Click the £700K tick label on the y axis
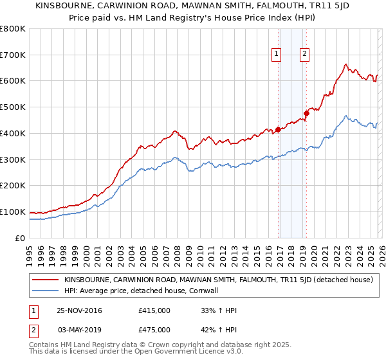coord(12,55)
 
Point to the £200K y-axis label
coord(12,185)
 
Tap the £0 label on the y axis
coord(19,238)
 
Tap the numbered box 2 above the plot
coord(304,55)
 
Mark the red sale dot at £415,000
coord(278,129)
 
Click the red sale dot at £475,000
coord(306,114)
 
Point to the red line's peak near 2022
coord(346,64)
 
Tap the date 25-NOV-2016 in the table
coord(79,310)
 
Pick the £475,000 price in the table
coord(154,330)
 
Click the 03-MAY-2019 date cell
coord(79,330)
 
